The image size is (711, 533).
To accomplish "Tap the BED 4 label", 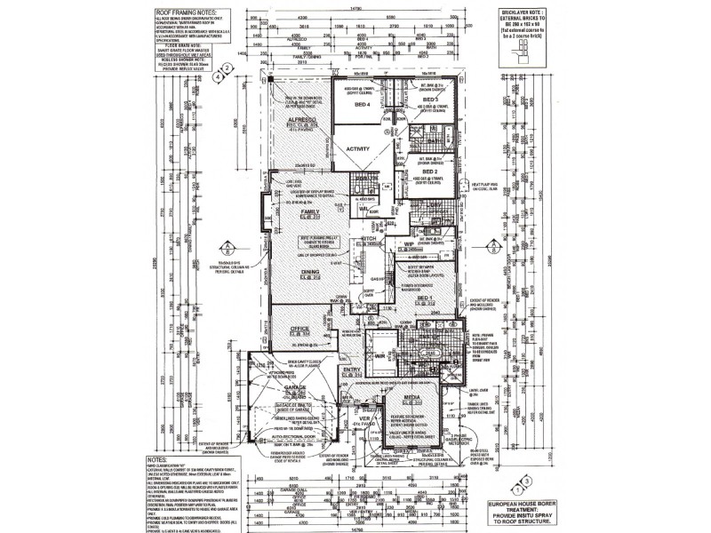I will [362, 105].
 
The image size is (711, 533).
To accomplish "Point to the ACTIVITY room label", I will [358, 148].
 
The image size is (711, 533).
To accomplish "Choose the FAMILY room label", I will [310, 213].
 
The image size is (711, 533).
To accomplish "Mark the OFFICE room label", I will [300, 329].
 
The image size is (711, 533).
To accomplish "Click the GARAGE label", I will [294, 388].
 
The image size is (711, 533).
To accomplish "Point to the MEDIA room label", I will [412, 398].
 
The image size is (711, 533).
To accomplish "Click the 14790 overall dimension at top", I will [355, 6].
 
